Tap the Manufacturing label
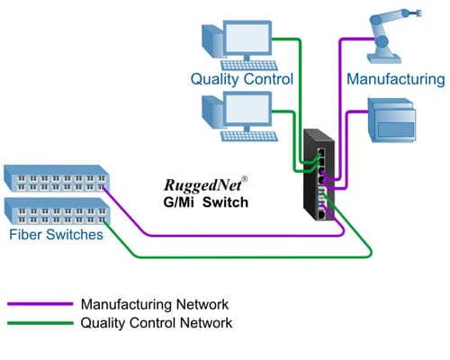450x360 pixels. tap(396, 79)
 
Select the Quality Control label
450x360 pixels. tap(241, 78)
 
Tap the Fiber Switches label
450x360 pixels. tap(56, 236)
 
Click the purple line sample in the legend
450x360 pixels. tap(40, 305)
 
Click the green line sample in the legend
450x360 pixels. tap(40, 322)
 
